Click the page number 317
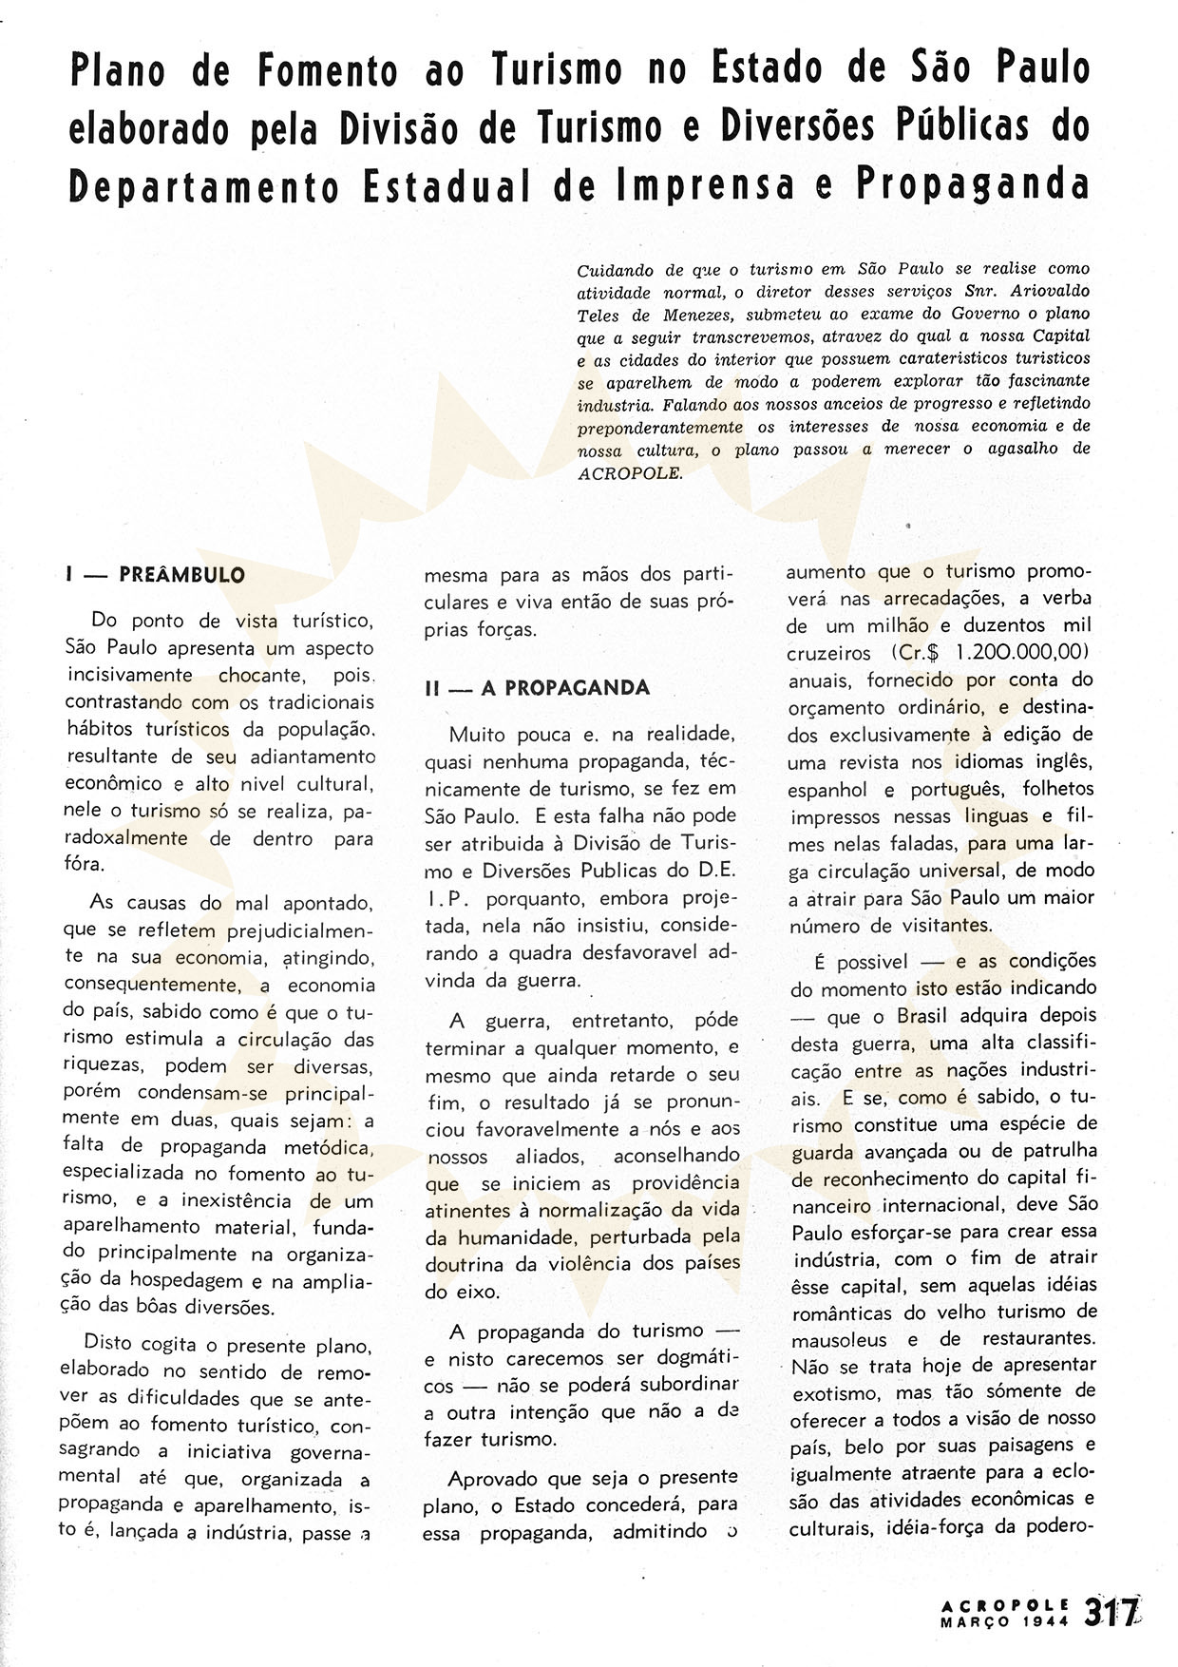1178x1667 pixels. [x=1110, y=1613]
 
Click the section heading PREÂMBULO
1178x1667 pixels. [x=182, y=575]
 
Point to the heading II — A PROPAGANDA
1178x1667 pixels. [x=538, y=688]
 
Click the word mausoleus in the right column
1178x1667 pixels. [x=837, y=1340]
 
